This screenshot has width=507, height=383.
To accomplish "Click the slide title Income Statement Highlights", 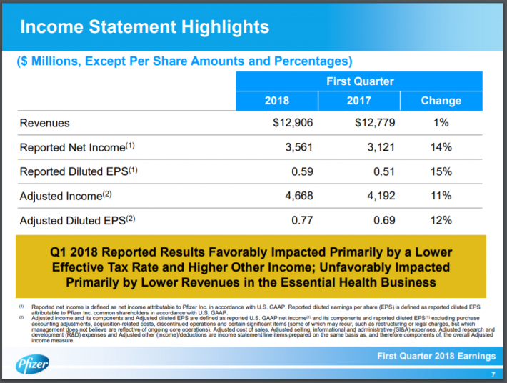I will (x=144, y=28).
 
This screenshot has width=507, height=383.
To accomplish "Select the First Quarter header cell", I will (x=360, y=81).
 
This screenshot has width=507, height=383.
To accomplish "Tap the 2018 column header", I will (x=276, y=101).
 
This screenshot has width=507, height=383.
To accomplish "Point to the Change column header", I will (x=441, y=101).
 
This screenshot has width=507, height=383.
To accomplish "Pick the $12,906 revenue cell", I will (x=293, y=123).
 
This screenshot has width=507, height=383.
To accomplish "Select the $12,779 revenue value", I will (x=375, y=123).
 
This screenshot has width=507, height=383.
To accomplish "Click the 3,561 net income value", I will (x=299, y=147).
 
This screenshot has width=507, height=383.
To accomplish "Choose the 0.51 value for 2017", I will (x=384, y=171).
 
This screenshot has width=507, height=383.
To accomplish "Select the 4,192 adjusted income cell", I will (x=381, y=196).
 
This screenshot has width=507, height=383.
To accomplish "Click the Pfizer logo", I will (x=33, y=365).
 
